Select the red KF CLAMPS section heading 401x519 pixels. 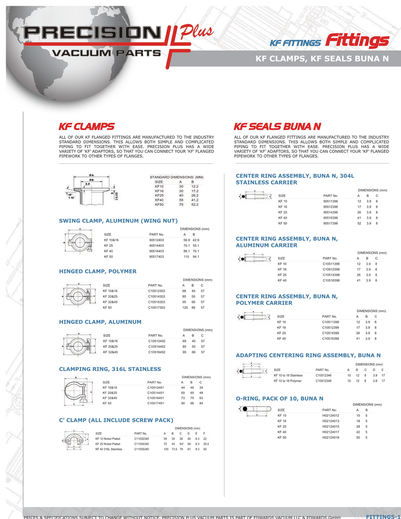[x=87, y=127]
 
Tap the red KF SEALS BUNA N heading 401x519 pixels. [x=277, y=127]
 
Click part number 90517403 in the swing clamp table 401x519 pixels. [x=156, y=257]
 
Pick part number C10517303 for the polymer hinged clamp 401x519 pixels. [x=156, y=308]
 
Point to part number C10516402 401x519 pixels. [x=157, y=352]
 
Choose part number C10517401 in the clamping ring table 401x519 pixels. [x=156, y=403]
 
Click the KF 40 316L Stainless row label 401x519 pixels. [x=109, y=449]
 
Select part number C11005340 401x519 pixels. [x=142, y=449]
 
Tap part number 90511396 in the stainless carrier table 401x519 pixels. [x=330, y=201]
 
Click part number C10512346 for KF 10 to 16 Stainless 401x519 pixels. [x=324, y=375]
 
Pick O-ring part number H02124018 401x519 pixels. [x=331, y=438]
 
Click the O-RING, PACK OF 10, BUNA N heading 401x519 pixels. [x=279, y=399]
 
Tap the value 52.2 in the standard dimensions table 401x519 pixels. [x=194, y=205]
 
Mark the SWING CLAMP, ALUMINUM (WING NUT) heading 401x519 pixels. [x=118, y=221]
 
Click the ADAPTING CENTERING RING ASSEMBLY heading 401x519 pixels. [x=308, y=355]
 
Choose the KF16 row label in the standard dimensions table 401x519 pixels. [x=159, y=191]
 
